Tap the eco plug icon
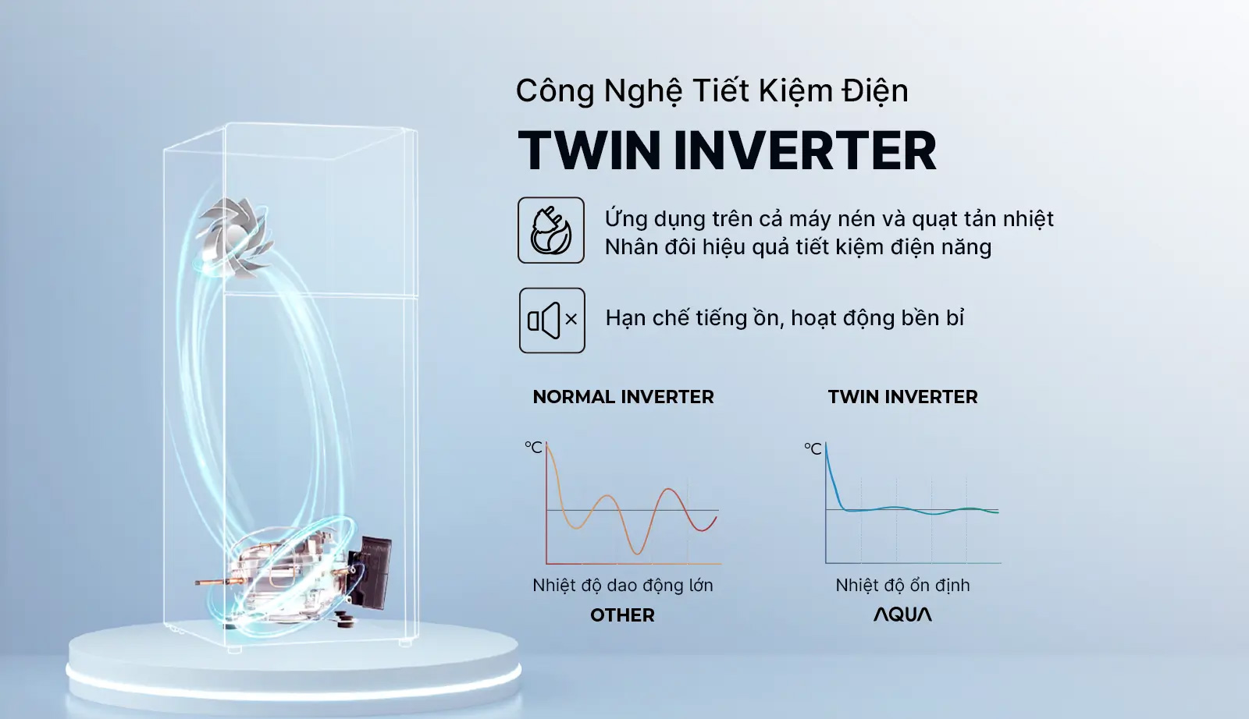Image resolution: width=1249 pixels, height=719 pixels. point(551,230)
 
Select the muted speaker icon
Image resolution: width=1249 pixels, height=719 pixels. point(552,320)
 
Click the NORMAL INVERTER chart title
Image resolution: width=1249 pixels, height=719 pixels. point(623,397)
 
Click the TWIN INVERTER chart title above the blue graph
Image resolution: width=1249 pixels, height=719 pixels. point(902,397)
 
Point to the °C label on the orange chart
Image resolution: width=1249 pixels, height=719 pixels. point(533,448)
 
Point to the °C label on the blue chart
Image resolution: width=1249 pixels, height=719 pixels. point(813,449)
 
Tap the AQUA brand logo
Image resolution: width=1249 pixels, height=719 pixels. point(902,615)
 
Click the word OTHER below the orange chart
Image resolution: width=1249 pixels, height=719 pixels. point(622,615)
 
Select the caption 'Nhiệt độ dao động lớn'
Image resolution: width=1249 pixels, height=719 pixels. point(622,585)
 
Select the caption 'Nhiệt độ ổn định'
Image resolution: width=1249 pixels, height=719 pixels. point(902,585)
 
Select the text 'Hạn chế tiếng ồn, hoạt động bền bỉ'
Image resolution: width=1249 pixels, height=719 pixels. point(785,318)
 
